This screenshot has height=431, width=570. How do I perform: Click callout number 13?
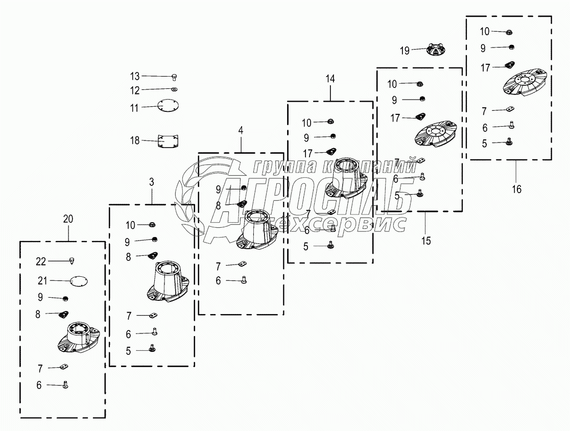pos(134,77)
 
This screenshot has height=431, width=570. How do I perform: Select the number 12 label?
pos(134,90)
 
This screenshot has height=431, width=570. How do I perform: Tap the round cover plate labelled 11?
pos(168,107)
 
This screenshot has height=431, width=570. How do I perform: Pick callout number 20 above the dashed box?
pos(68,219)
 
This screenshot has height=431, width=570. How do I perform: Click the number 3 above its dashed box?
pos(152,182)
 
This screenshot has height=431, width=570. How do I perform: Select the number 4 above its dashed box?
pos(241,130)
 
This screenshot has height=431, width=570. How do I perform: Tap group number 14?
pos(330,79)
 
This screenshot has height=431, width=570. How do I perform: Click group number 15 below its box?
pos(426,241)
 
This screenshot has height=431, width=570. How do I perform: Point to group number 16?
pos(517,189)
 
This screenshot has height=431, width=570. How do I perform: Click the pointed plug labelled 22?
pos(72,261)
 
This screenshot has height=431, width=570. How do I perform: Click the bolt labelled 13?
pos(174,77)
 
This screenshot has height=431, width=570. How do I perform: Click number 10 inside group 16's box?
pos(484,32)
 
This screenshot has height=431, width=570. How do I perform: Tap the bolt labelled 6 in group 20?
pos(65,385)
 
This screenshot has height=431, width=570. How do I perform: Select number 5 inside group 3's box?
pos(128,351)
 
